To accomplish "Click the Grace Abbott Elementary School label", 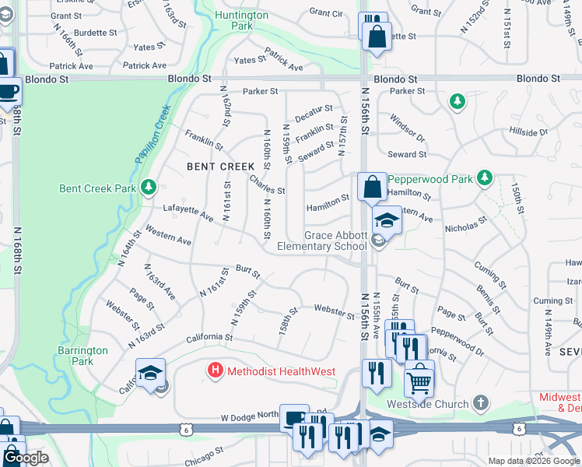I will click(335, 241).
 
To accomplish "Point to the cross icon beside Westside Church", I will click(482, 403).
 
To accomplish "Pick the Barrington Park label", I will click(82, 356).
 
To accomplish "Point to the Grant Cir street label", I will click(326, 12).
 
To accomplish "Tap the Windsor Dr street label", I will click(408, 127).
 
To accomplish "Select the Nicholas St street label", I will click(466, 226).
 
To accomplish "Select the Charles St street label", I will click(267, 186).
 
